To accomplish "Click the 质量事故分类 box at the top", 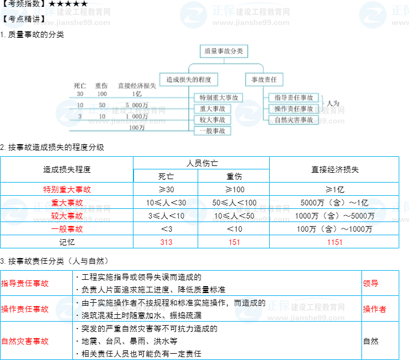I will pyautogui.click(x=224, y=52).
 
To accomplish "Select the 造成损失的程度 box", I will pyautogui.click(x=188, y=80).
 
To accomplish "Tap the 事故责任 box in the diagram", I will pyautogui.click(x=264, y=80).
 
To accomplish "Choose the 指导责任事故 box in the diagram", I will pyautogui.click(x=294, y=98).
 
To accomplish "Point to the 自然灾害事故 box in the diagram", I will pyautogui.click(x=294, y=120).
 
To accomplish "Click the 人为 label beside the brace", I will pyautogui.click(x=333, y=104).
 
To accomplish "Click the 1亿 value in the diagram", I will pyautogui.click(x=137, y=94).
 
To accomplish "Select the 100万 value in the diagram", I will pyautogui.click(x=137, y=128).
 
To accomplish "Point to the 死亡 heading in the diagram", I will pyautogui.click(x=80, y=85).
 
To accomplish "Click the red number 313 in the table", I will pyautogui.click(x=166, y=242).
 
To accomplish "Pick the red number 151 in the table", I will pyautogui.click(x=234, y=242).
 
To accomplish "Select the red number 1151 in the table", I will pyautogui.click(x=335, y=242).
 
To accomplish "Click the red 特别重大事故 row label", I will pyautogui.click(x=67, y=189).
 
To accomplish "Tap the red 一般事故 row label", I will pyautogui.click(x=67, y=229).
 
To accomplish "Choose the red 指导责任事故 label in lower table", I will pyautogui.click(x=25, y=283).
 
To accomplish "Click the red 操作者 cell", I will pyautogui.click(x=375, y=309).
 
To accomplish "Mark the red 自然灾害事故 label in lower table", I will pyautogui.click(x=25, y=341).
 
